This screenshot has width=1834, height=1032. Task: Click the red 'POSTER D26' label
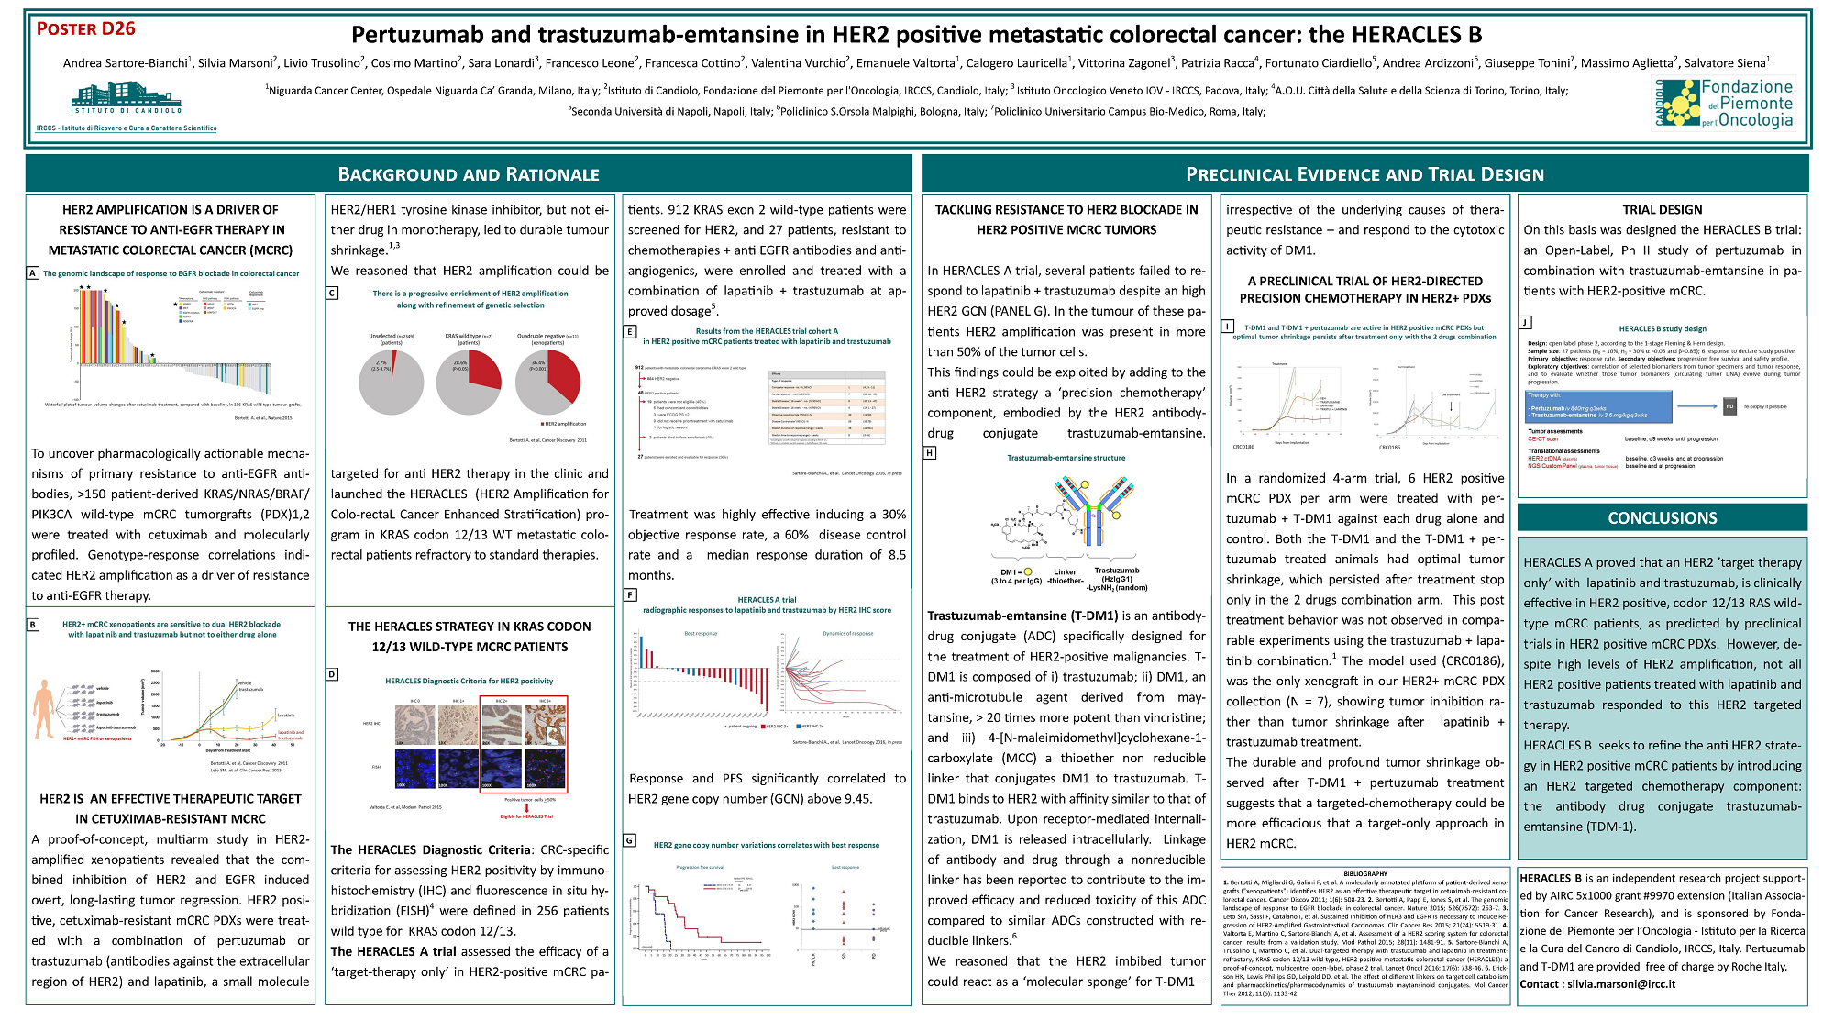tap(86, 28)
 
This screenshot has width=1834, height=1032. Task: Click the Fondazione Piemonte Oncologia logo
tap(1723, 103)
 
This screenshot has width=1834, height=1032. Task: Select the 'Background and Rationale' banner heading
tap(469, 174)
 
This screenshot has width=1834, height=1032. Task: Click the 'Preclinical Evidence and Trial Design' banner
tap(1364, 174)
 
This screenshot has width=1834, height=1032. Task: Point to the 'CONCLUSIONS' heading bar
tap(1662, 518)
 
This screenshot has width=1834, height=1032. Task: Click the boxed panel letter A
tap(33, 273)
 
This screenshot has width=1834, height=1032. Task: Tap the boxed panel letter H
tap(930, 453)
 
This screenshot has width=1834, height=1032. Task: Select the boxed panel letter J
tap(1525, 322)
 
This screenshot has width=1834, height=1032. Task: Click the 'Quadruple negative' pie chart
tap(547, 383)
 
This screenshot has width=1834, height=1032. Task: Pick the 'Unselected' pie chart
tap(392, 383)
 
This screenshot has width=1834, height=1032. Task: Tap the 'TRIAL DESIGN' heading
tap(1662, 210)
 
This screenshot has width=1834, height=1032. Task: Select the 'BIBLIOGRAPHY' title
tap(1364, 873)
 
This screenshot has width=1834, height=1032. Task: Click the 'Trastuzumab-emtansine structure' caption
tap(1066, 458)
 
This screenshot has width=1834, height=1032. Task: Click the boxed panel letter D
tap(332, 674)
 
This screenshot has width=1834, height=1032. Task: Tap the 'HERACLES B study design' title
tap(1662, 328)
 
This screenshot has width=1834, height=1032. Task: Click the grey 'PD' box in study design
tap(1729, 406)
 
